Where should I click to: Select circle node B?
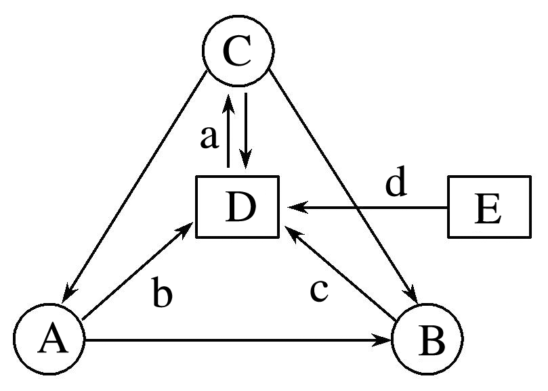pos(428,338)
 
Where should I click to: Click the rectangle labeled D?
pos(238,206)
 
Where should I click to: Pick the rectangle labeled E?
pos(488,206)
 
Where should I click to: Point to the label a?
pos(210,137)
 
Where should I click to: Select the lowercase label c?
pos(319,291)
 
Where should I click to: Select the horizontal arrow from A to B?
pos(237,342)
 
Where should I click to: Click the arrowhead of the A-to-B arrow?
pos(386,342)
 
